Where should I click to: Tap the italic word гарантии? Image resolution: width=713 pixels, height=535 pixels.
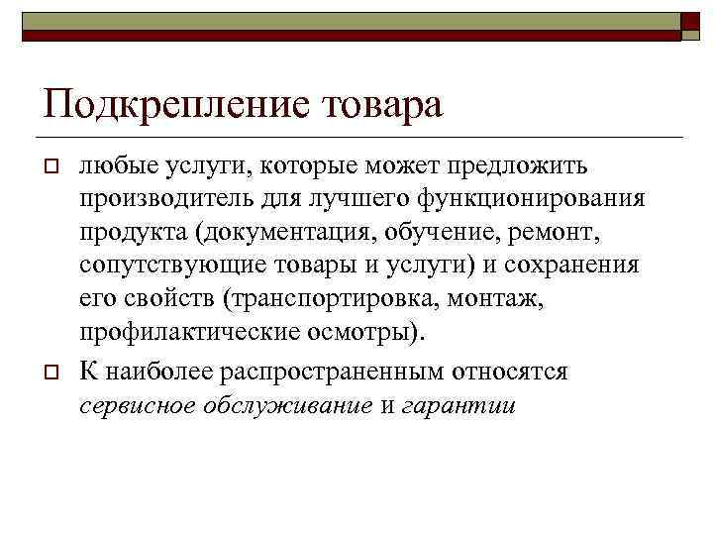(x=459, y=407)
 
